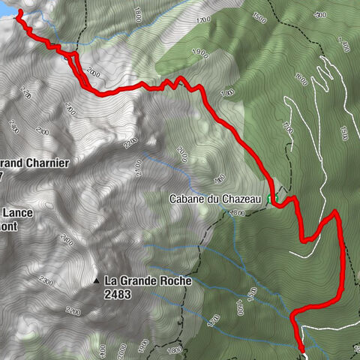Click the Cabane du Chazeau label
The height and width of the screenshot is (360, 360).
point(214,199)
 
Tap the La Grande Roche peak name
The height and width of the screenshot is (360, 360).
point(148,280)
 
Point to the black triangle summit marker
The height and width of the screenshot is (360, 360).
point(97,281)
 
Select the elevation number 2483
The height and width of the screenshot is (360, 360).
point(119,294)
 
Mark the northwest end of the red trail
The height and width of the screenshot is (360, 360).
point(17,13)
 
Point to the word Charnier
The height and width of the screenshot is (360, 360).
point(44,162)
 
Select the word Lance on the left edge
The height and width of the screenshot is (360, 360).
point(16,213)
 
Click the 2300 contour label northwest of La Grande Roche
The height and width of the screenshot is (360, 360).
point(66,241)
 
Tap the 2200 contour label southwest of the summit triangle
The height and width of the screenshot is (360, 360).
point(73,310)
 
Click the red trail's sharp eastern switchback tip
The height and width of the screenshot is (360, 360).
point(335,214)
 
